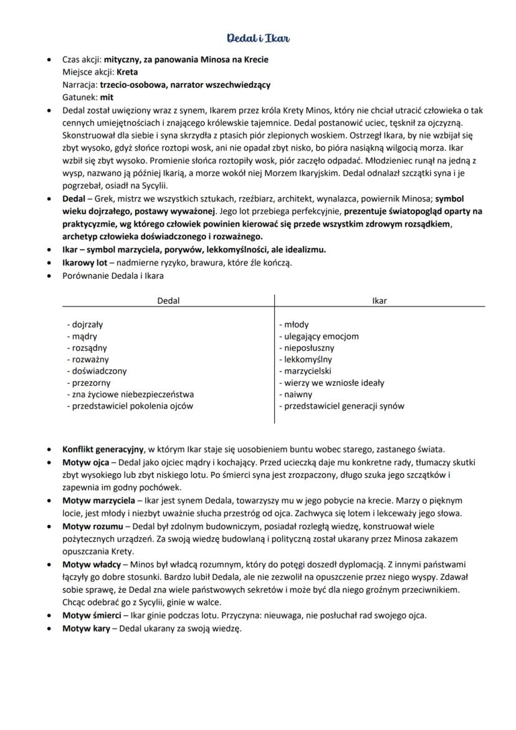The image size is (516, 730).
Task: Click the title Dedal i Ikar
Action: pos(258,39)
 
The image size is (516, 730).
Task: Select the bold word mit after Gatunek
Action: pos(107,97)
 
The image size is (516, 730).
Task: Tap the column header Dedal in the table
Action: pos(168,300)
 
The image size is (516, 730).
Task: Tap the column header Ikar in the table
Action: pos(379,300)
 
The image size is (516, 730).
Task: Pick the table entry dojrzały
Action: pos(85,325)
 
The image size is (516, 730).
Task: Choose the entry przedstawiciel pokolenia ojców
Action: pos(130,406)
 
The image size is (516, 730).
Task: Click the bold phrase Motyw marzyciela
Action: pos(97,501)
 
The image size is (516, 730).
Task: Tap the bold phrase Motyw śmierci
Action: pos(92,615)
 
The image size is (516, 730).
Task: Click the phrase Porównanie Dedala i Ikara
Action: pos(113,276)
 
